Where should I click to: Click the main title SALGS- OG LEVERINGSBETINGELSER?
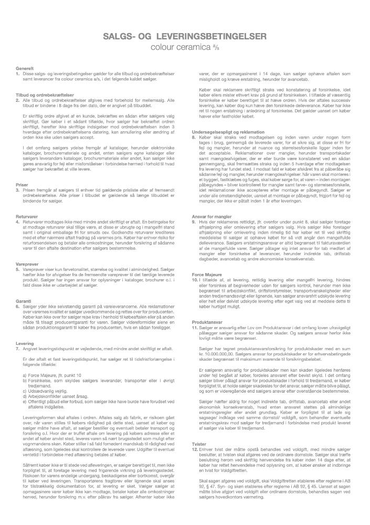tap(185, 36)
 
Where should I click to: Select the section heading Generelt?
tap(25, 69)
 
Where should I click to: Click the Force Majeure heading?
tap(208, 259)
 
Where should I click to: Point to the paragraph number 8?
tap(195, 136)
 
